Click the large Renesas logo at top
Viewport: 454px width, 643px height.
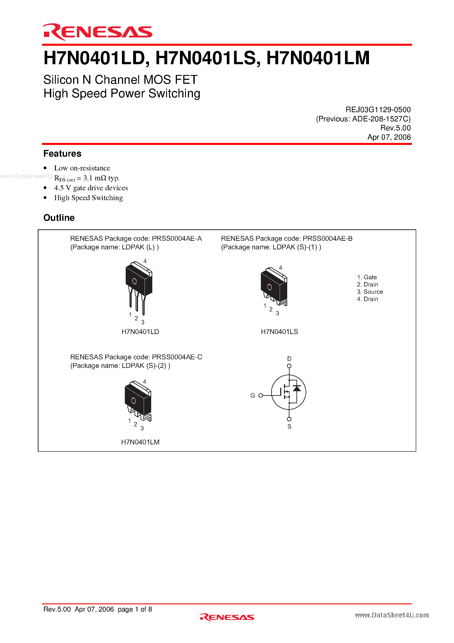97,32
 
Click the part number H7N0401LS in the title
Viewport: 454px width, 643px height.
206,58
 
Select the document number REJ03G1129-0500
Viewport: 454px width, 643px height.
378,110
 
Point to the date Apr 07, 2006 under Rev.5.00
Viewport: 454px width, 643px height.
389,137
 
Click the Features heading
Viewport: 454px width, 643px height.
62,153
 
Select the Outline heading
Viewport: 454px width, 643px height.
59,218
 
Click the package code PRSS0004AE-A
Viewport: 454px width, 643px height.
177,238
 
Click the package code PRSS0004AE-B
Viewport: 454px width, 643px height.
327,238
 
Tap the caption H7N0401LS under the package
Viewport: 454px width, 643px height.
279,332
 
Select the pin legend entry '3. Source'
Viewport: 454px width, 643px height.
370,292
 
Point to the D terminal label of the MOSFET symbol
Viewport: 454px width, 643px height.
289,359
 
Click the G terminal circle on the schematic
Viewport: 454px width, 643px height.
261,395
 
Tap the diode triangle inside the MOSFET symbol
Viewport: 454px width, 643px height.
297,388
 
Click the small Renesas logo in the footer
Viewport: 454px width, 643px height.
227,617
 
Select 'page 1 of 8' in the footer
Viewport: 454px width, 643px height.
135,609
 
